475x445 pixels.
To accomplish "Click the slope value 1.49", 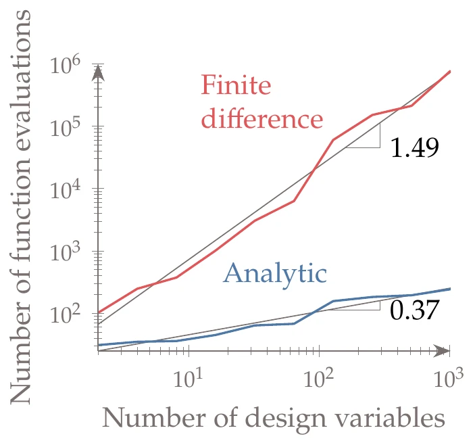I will [x=415, y=148].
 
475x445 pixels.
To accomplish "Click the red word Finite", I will [x=236, y=86].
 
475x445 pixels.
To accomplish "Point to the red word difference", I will [x=261, y=119].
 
